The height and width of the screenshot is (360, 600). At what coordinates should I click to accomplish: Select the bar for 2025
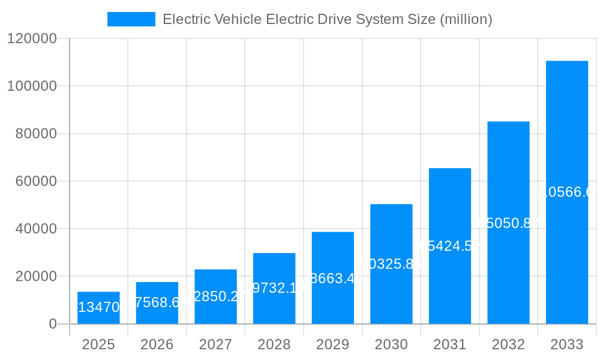[98, 308]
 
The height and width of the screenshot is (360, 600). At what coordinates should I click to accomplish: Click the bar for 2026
[157, 303]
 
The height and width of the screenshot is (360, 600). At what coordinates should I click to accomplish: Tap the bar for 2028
[274, 289]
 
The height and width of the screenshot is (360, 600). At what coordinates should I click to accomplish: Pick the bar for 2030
[391, 264]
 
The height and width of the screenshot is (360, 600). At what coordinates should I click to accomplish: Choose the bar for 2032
[508, 223]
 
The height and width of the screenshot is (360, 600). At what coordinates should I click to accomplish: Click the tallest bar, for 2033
[567, 192]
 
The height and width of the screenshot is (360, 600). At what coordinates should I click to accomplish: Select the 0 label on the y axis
[52, 324]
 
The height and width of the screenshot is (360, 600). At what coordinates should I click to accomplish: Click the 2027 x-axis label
[215, 344]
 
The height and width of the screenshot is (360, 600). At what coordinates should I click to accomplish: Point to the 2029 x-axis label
[332, 344]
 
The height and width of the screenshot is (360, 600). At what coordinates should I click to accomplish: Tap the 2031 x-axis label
[449, 344]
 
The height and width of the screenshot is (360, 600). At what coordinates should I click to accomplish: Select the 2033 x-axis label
[567, 344]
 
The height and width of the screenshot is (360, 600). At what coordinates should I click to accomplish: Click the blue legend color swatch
[131, 19]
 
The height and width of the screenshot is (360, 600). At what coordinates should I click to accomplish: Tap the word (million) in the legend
[466, 19]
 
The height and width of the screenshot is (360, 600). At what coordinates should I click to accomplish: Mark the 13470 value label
[98, 308]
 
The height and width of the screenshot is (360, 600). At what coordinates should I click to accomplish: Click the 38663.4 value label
[332, 278]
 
